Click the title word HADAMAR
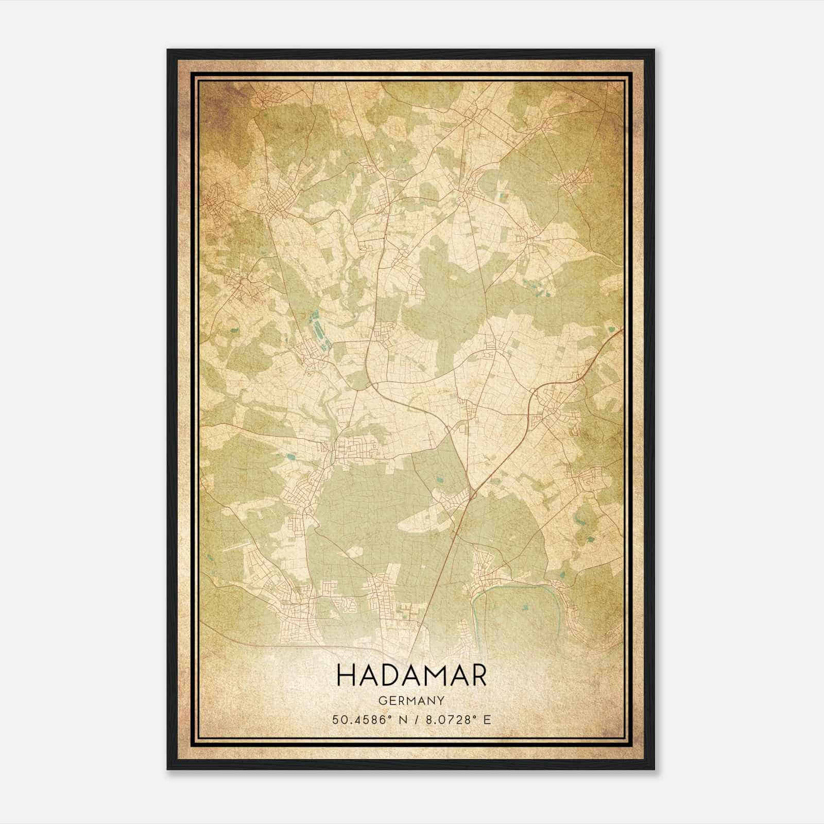411,676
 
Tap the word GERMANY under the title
411,700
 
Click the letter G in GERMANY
382,700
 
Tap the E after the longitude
487,719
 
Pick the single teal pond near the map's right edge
611,330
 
